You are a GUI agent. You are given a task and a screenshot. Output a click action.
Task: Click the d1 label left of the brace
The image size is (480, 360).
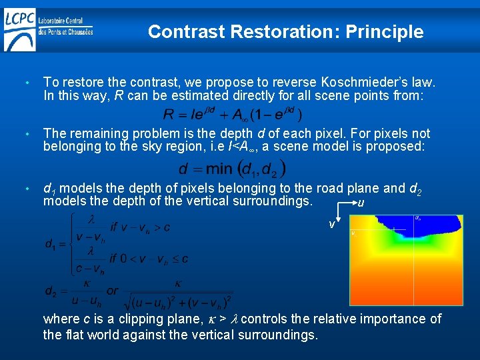point(51,244)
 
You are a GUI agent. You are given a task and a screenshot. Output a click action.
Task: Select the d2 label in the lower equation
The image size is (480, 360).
point(51,291)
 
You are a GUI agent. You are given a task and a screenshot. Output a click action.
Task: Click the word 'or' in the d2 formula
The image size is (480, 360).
point(113,291)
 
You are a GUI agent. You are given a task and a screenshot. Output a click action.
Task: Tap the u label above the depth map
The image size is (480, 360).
point(361,203)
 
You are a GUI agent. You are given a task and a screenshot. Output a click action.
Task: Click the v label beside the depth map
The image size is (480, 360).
point(331,225)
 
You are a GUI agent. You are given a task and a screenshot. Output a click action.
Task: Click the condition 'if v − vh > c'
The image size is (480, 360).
point(140,227)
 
